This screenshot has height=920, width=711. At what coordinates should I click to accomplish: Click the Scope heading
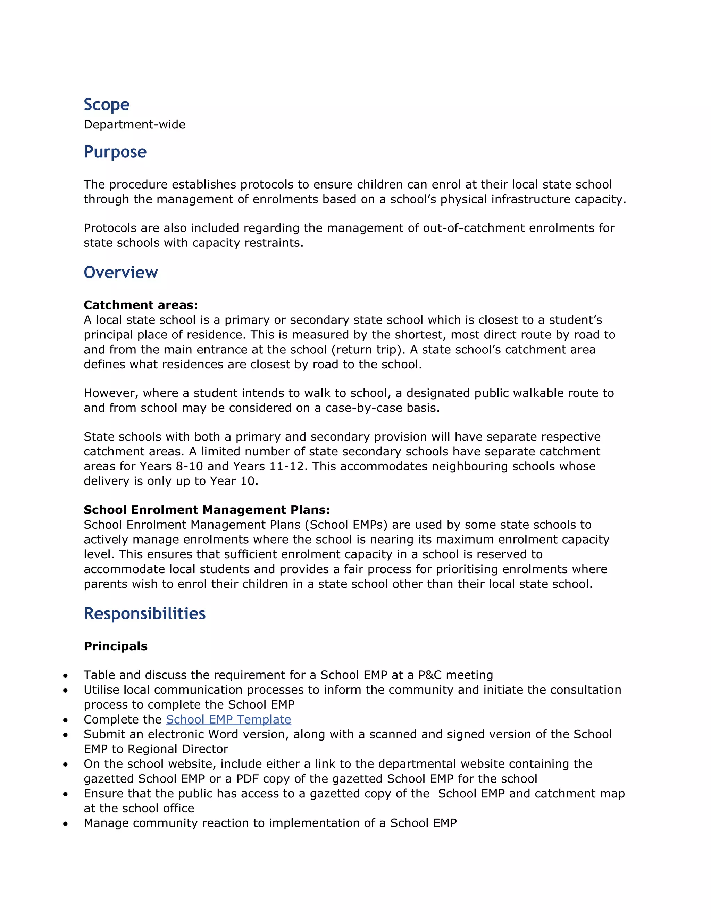107,104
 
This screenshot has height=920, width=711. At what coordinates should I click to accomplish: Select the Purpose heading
115,152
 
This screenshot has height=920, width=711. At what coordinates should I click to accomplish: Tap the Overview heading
120,273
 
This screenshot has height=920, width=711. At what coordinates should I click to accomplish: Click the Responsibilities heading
144,613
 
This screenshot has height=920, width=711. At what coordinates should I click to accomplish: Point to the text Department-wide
134,125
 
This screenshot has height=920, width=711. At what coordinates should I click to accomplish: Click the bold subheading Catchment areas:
141,305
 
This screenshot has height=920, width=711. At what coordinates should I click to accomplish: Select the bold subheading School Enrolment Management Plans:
207,510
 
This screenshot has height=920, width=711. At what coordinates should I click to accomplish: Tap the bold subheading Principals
115,646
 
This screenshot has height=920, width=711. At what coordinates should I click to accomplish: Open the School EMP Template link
228,719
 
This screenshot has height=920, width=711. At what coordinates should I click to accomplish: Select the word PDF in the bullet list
248,779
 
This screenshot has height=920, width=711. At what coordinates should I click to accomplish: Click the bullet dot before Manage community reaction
65,823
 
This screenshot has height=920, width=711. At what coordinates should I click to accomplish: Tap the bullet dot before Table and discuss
65,676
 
